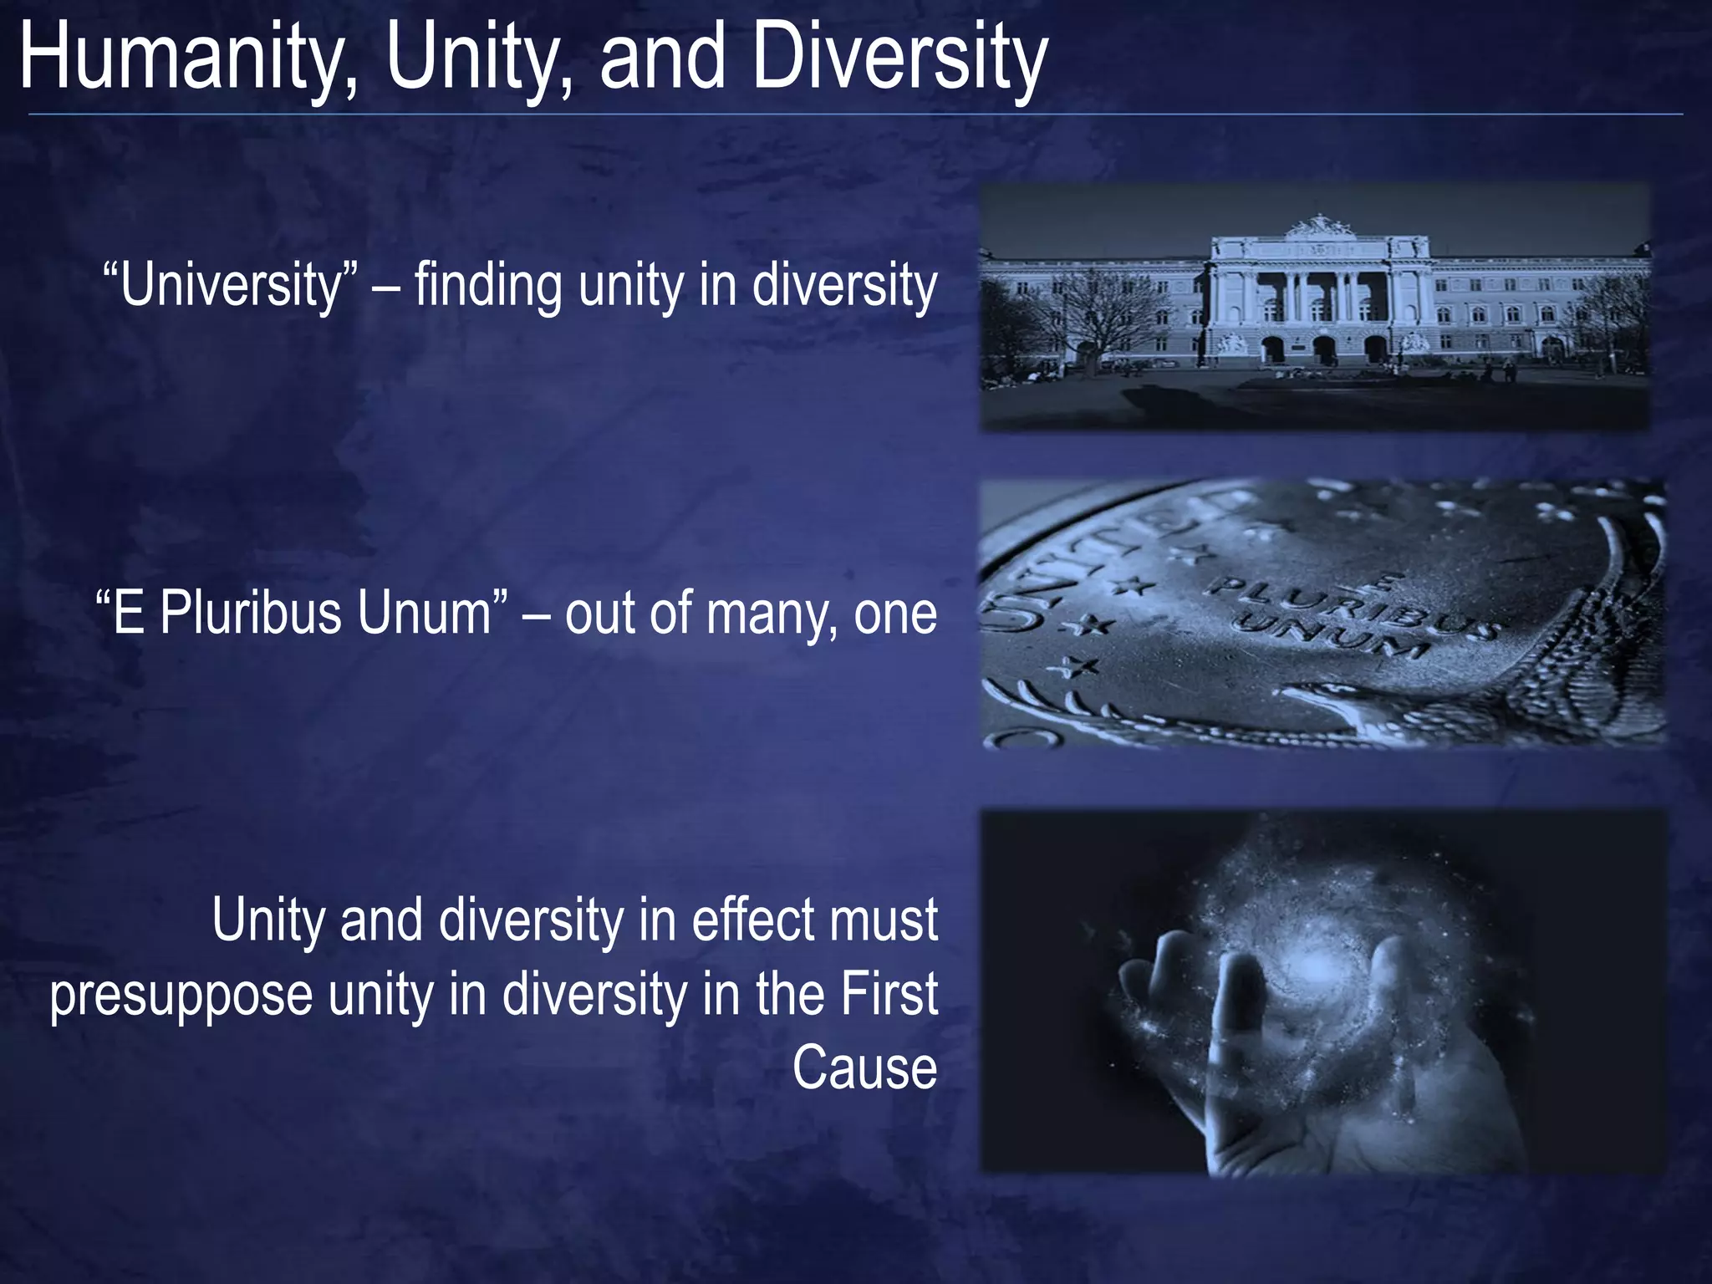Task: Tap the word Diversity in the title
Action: tap(899, 59)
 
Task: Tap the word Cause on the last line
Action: tap(864, 1068)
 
